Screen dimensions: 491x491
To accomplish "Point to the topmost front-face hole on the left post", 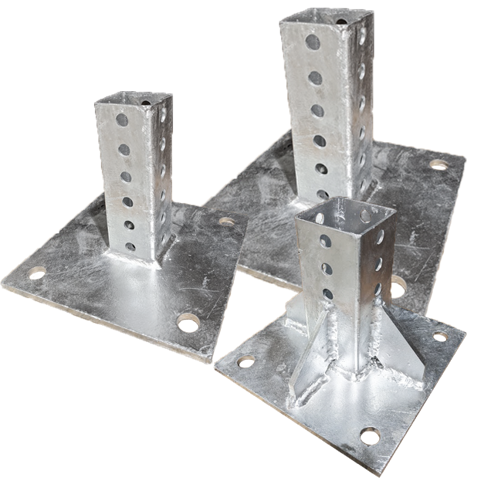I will click(122, 120).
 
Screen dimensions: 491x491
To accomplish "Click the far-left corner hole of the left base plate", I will click(36, 273).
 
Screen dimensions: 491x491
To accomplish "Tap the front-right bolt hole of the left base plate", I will click(187, 321).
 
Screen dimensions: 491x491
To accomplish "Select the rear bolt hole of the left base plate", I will click(226, 222).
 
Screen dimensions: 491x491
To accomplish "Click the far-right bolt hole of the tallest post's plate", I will click(439, 164).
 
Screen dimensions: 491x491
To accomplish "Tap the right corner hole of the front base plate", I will click(441, 336).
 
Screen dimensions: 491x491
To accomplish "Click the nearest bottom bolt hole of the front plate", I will click(370, 436).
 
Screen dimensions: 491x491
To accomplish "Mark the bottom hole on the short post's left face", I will click(327, 294).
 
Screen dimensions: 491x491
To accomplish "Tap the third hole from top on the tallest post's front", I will click(317, 110).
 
